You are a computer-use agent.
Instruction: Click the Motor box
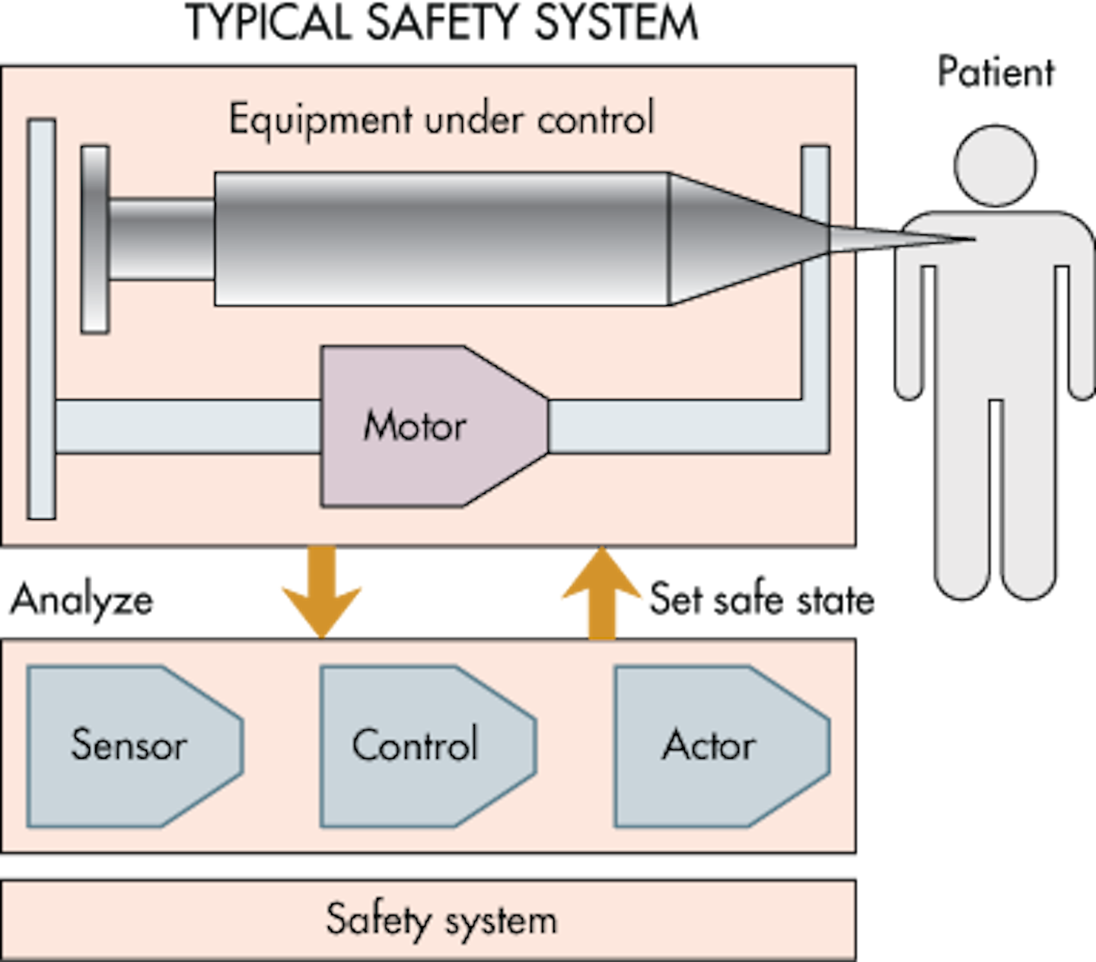click(x=426, y=426)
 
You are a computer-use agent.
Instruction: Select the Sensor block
click(x=129, y=746)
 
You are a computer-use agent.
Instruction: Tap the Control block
click(x=419, y=746)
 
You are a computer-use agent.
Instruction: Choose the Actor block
click(x=712, y=746)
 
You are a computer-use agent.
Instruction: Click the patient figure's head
click(x=995, y=166)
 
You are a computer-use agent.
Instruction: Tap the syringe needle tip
click(x=967, y=240)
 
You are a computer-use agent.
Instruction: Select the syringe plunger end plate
click(x=95, y=239)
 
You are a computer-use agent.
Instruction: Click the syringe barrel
click(x=441, y=239)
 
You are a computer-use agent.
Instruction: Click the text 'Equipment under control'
click(x=441, y=119)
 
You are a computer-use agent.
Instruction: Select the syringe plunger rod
click(x=161, y=239)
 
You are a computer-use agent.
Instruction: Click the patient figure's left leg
click(x=963, y=495)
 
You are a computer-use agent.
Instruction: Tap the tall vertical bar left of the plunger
click(x=41, y=320)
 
